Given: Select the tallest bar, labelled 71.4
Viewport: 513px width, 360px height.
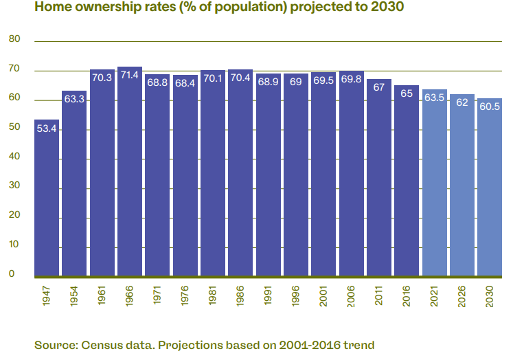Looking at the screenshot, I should (130, 172).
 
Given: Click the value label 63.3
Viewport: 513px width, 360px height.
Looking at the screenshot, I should (74, 100).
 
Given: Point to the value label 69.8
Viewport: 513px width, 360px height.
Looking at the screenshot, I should (351, 80).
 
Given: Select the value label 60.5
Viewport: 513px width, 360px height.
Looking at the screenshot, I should (490, 107).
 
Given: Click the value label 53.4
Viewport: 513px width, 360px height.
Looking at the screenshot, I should (47, 128).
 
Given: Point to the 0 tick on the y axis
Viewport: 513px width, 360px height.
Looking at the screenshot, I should (12, 273).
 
